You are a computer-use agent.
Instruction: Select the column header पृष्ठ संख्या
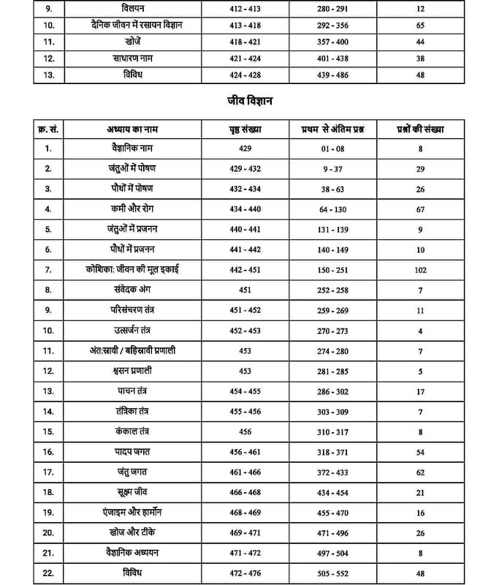pos(245,129)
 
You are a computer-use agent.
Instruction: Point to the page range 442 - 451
pos(245,270)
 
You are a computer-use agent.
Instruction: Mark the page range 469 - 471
pos(245,532)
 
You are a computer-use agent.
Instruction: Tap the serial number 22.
pos(49,573)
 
